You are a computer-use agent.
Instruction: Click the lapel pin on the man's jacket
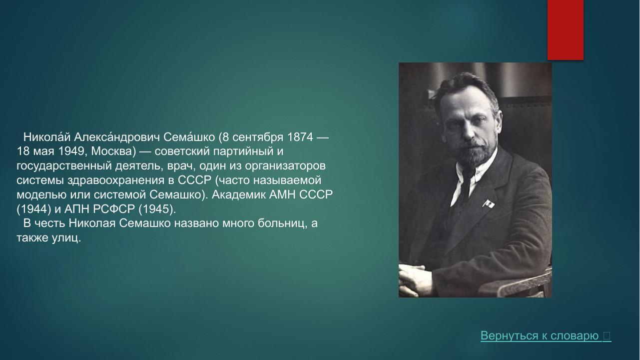point(489,203)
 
